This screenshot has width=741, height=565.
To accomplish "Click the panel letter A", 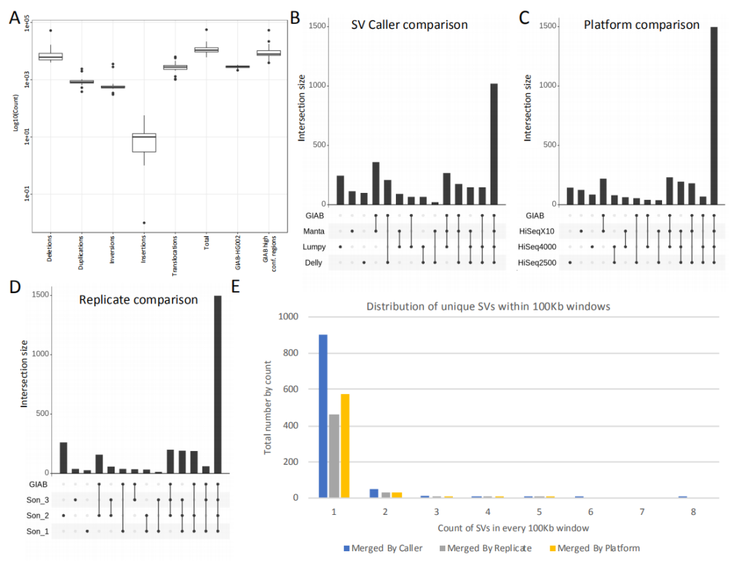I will tap(14, 18).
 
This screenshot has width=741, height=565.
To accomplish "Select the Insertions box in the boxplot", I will tap(144, 142).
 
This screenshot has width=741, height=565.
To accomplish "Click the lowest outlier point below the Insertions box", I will tap(144, 222).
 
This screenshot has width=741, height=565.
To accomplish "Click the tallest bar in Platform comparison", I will tap(714, 115).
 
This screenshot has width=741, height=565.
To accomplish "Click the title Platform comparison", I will tap(641, 25).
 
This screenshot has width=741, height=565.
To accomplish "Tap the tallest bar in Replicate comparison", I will tap(218, 384).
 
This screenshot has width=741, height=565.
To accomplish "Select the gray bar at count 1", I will tap(334, 455).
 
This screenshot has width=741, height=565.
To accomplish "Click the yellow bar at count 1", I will tap(344, 446).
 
